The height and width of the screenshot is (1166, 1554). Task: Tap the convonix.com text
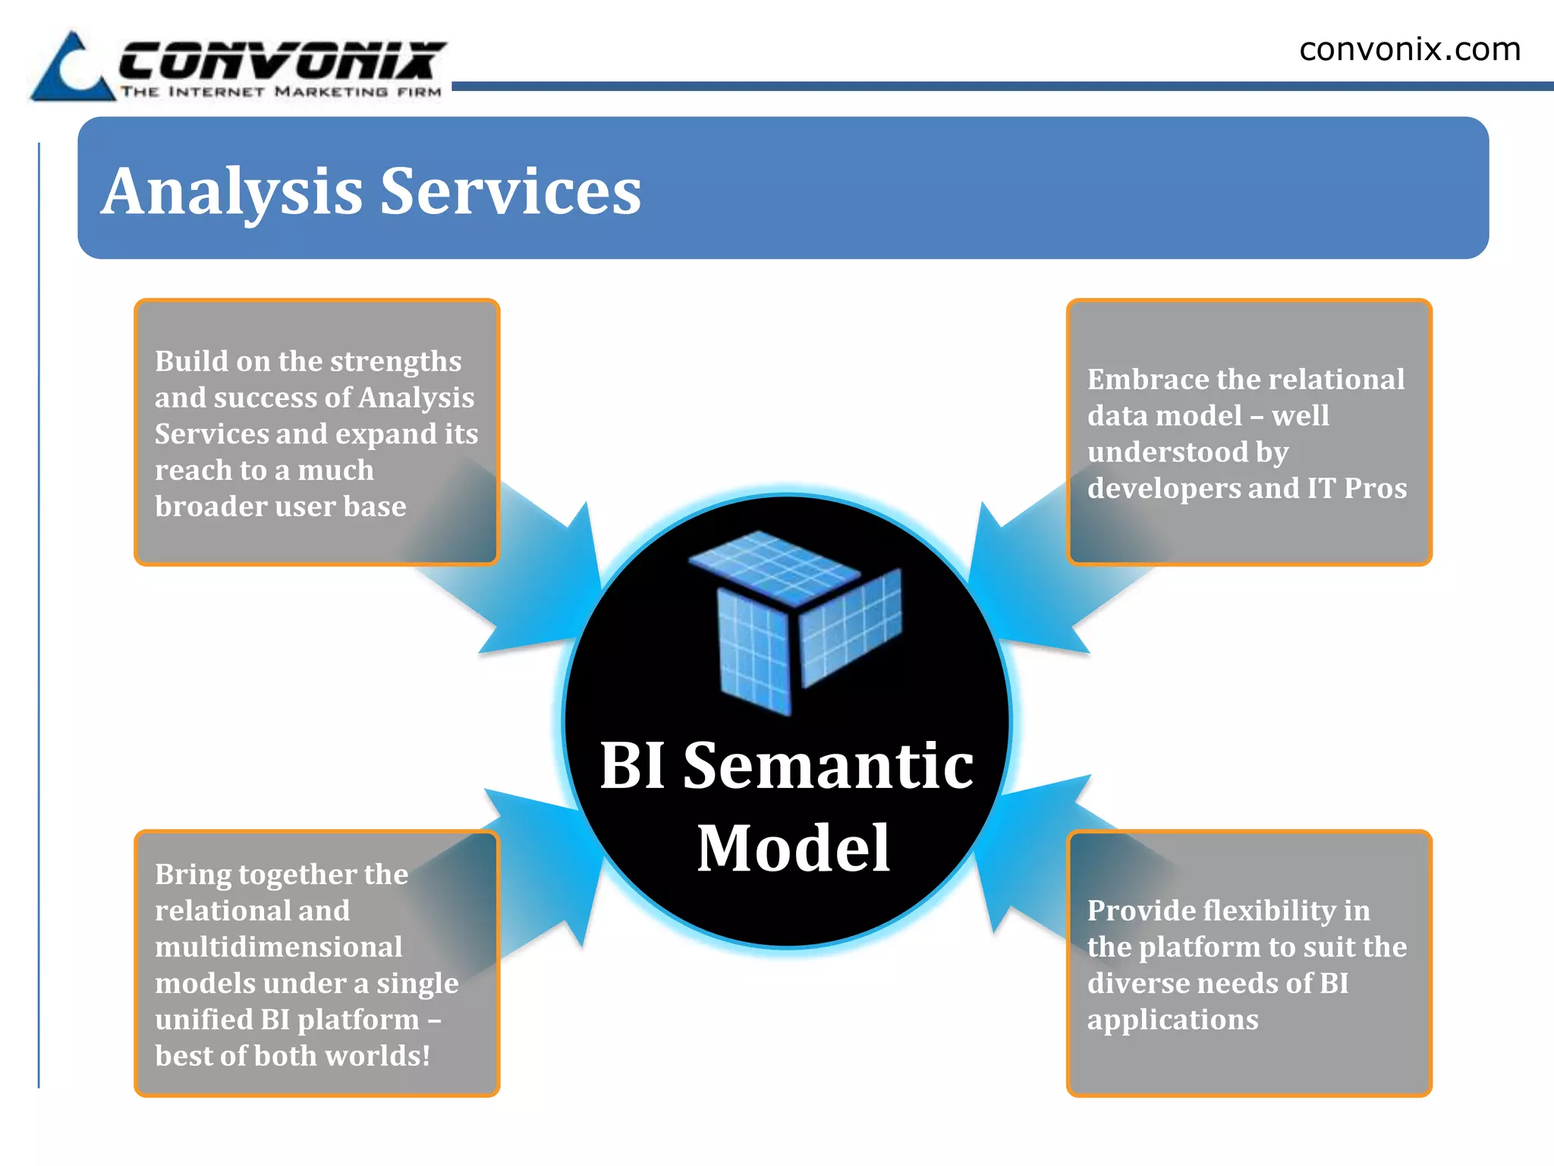(x=1409, y=50)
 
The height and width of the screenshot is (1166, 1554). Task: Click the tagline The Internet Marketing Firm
(x=281, y=92)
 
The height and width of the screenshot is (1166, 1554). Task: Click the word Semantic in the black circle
(x=828, y=765)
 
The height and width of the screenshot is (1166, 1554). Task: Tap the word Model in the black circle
(x=793, y=848)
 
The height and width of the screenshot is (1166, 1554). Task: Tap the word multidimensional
(x=278, y=947)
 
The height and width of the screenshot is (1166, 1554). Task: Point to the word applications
(x=1172, y=1019)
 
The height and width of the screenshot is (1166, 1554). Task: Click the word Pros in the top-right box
(x=1375, y=488)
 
